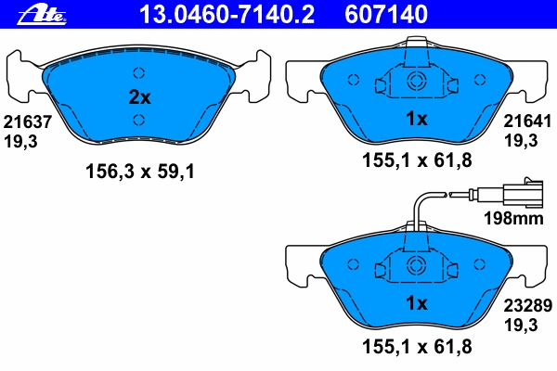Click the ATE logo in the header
(42, 16)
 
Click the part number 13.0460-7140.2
(227, 15)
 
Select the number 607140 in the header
(386, 15)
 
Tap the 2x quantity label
(139, 96)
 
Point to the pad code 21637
(28, 122)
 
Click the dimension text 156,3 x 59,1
(140, 172)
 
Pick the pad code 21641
(527, 122)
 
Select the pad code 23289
(528, 305)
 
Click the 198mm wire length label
(513, 218)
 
